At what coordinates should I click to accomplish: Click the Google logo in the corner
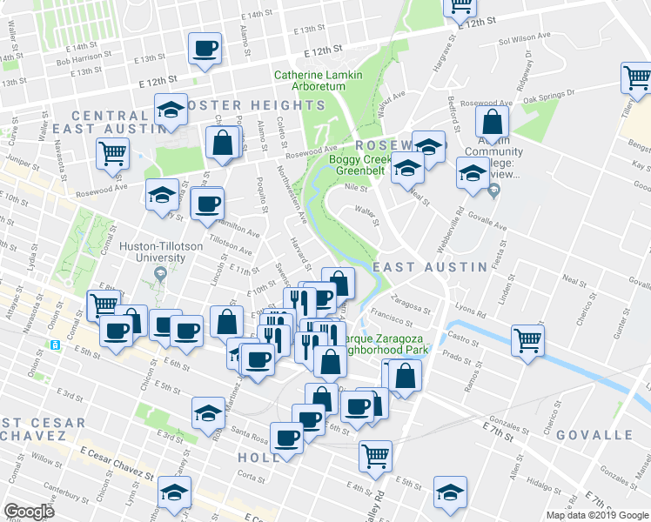(x=29, y=512)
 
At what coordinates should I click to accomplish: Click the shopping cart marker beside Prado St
(x=527, y=339)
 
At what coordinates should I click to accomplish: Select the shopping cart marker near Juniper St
(x=113, y=154)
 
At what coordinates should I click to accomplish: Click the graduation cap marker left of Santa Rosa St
(x=208, y=412)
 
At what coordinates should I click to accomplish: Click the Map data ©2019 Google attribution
(x=596, y=515)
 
